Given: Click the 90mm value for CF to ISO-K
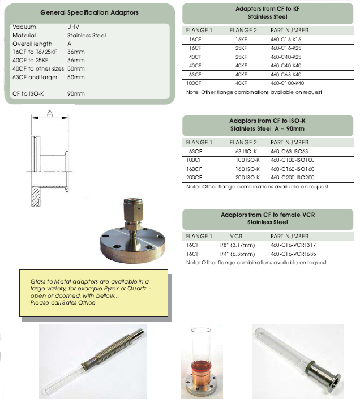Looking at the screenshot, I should [76, 93].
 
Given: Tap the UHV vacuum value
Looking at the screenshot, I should [73, 27].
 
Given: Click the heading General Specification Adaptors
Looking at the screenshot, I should [89, 12].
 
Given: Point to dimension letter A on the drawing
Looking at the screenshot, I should [49, 113].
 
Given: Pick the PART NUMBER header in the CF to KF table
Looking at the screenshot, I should [289, 30].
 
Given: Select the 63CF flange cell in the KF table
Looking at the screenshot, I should [195, 74].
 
